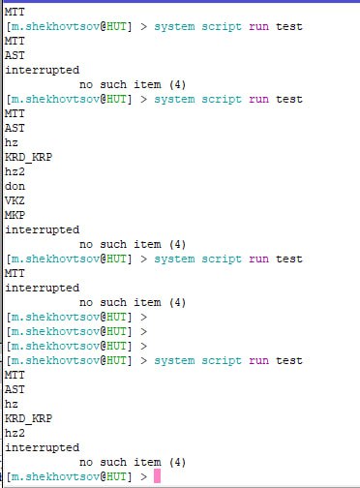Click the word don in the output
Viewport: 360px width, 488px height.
15,186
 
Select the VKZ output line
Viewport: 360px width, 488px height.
15,200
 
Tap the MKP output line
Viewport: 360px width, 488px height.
15,215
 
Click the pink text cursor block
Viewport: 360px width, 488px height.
157,476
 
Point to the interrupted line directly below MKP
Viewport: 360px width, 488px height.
43,229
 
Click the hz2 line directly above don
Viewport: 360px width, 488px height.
15,171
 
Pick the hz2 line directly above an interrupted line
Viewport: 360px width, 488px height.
15,433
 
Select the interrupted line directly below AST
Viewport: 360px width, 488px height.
43,70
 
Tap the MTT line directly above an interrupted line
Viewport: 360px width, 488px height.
15,273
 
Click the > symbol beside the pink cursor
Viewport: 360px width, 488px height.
144,476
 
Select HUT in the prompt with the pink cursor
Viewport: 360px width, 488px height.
116,476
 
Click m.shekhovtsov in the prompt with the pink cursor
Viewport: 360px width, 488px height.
55,476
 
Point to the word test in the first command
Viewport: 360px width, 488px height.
289,26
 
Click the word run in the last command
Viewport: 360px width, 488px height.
258,361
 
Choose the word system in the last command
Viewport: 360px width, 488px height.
174,361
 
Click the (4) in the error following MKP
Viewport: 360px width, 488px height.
177,244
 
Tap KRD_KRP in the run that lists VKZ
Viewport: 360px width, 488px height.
28,157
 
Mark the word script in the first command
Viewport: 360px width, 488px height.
222,27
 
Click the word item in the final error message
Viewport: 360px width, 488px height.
147,462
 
